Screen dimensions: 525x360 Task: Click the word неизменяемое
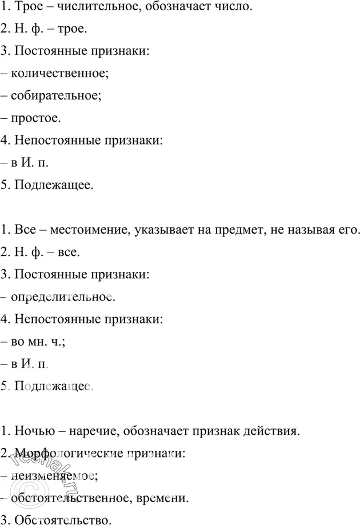(54, 475)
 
